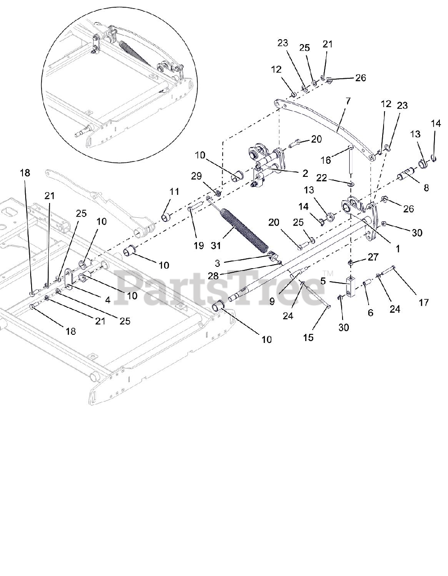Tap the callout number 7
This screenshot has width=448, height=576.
point(347,101)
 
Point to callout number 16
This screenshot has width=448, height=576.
point(325,161)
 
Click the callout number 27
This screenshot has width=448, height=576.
point(373,257)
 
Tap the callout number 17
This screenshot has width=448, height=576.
point(424,302)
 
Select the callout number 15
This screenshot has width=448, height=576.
point(308,337)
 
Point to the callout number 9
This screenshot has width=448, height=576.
point(272,302)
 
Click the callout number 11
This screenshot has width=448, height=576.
point(174,192)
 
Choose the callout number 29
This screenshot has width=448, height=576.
point(196,176)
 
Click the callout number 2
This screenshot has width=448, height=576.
point(305,173)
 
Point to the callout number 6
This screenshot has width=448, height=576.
point(370,312)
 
